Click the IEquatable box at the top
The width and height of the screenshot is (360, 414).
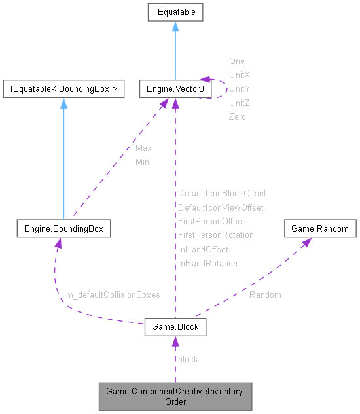(x=175, y=12)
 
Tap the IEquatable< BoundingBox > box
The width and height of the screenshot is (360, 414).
(x=63, y=88)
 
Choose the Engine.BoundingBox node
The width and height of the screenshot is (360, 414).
(x=63, y=229)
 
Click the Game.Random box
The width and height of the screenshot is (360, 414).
(x=320, y=229)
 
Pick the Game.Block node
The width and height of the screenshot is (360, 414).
(x=175, y=326)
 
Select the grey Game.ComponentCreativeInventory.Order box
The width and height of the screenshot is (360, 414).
(x=175, y=396)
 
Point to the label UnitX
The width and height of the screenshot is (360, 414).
(x=240, y=75)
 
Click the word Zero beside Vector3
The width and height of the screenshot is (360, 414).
(x=238, y=116)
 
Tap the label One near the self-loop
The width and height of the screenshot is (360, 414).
(x=236, y=61)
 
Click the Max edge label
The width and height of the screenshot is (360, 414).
(x=143, y=148)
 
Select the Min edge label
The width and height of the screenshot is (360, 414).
(x=142, y=162)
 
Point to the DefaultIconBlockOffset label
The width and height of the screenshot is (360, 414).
(x=222, y=194)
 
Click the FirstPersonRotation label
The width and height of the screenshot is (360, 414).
(x=216, y=235)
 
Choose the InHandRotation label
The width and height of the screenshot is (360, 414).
(x=207, y=263)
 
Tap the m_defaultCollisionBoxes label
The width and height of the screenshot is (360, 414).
(x=113, y=295)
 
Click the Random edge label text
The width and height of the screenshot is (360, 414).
(x=265, y=294)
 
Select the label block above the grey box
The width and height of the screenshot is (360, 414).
(x=188, y=359)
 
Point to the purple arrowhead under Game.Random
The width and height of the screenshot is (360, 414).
(x=306, y=242)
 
